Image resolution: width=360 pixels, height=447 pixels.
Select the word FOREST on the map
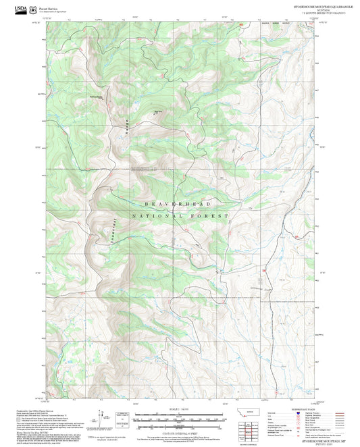coord(211,216)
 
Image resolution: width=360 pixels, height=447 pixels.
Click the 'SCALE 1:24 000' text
coord(178,409)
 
